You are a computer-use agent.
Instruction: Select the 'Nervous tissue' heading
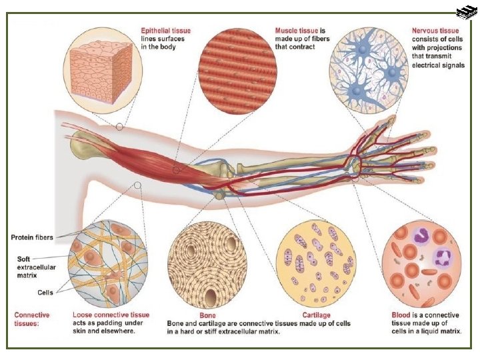(x=435, y=31)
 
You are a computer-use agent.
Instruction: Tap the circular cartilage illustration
(x=315, y=261)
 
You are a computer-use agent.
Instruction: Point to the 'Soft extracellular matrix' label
(x=31, y=265)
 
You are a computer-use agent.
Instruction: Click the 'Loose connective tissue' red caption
(x=111, y=315)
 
